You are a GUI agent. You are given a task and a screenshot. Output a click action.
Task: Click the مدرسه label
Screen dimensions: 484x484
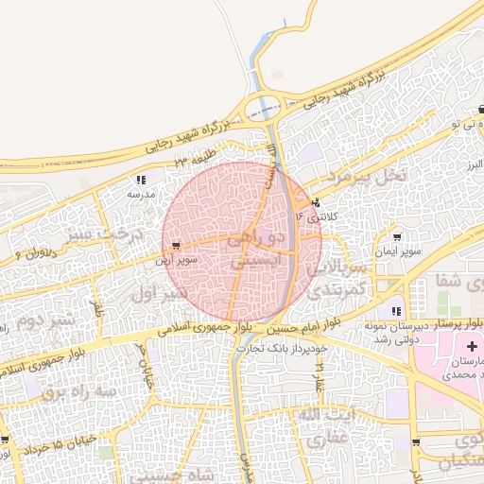tap(140, 193)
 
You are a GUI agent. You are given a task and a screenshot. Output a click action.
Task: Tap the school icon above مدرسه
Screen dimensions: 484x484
tap(141, 179)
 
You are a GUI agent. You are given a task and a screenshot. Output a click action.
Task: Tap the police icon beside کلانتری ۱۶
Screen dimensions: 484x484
tap(314, 202)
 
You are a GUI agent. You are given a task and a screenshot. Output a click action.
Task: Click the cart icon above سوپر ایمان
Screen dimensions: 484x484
tap(396, 237)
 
